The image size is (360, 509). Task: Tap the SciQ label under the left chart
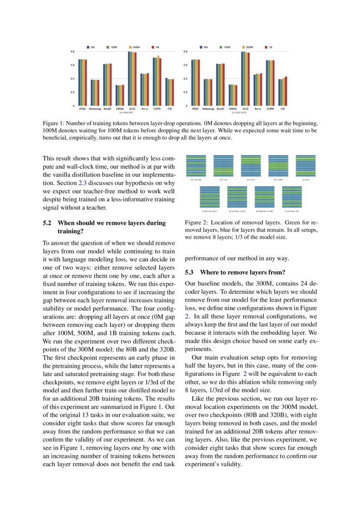tap(132, 108)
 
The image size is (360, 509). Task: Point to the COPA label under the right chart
tap(270, 108)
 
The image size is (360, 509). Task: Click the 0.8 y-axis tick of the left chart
tap(72, 51)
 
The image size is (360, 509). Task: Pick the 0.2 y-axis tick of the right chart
tap(186, 92)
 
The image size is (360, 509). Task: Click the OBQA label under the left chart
tap(120, 108)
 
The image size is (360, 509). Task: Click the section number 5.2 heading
tap(47, 223)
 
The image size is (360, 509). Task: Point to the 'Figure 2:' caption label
tap(196, 222)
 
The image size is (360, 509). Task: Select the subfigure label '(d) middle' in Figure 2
tap(278, 179)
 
